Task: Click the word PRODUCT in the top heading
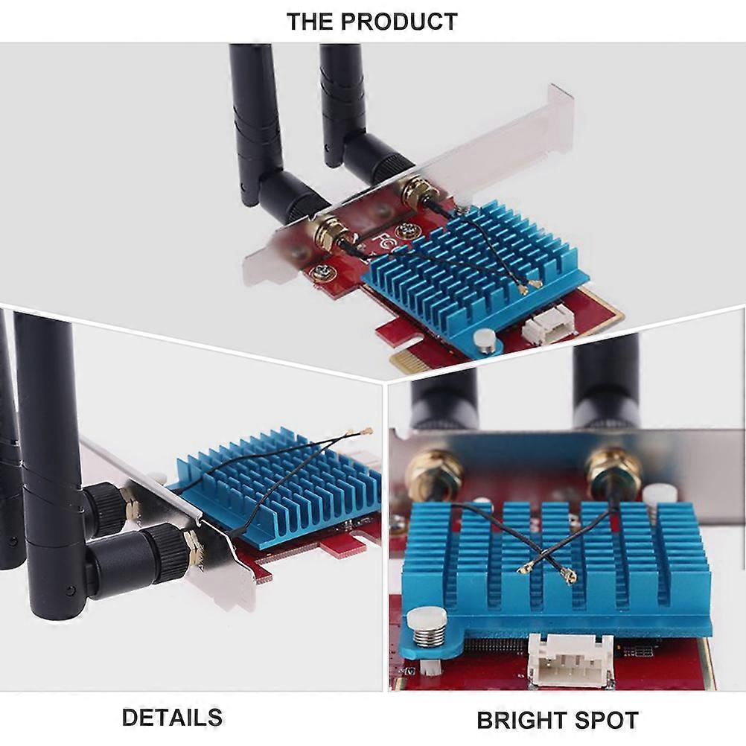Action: (x=399, y=22)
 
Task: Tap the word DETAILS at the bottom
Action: (x=172, y=718)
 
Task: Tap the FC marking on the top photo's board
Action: (x=383, y=243)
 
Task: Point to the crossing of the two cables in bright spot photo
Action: (x=546, y=552)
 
